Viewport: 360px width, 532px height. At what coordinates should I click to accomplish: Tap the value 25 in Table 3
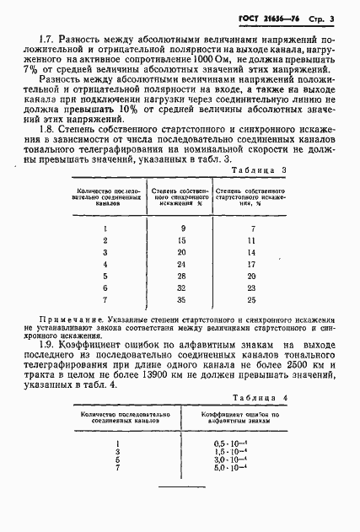pos(252,298)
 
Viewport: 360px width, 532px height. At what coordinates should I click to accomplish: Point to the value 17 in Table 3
pos(252,263)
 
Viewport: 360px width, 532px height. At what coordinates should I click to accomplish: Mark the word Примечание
pos(73,321)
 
